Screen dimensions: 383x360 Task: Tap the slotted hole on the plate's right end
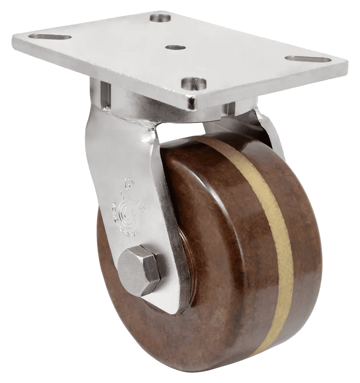click(x=308, y=59)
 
